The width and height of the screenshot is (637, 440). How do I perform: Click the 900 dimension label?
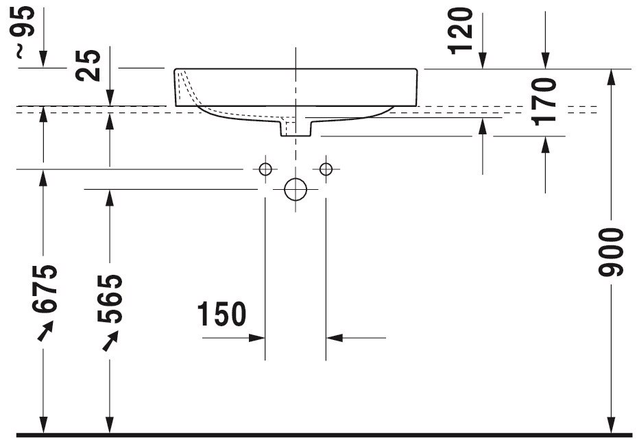(x=611, y=252)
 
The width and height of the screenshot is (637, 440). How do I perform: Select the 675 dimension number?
(x=45, y=289)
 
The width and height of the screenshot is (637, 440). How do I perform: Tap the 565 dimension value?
(x=110, y=299)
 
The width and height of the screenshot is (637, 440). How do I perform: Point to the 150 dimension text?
(x=221, y=314)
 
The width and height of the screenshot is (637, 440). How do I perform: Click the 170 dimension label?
(x=545, y=101)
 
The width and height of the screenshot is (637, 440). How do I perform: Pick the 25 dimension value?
(x=88, y=65)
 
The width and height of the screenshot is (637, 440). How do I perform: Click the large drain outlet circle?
(x=296, y=189)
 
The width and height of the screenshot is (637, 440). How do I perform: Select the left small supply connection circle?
(x=265, y=169)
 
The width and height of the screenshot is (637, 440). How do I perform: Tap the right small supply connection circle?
(x=326, y=169)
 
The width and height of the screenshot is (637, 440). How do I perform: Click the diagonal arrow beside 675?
(x=45, y=331)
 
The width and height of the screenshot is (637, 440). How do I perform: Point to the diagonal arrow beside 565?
(x=110, y=341)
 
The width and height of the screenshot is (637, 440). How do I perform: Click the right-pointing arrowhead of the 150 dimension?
(x=256, y=338)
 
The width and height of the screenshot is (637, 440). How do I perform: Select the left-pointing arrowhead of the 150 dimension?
(x=335, y=338)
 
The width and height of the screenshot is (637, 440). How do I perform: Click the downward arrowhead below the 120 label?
(x=483, y=60)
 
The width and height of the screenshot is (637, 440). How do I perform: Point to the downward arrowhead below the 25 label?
(x=110, y=97)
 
